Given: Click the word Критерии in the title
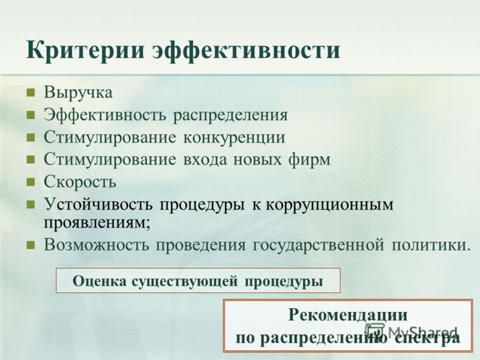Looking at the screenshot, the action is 85,51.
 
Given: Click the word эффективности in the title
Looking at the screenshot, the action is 247,51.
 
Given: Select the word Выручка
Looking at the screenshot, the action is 79,92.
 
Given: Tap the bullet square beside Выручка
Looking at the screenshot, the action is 31,93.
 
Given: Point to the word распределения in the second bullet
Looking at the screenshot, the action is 230,116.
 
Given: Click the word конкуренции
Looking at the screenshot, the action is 234,137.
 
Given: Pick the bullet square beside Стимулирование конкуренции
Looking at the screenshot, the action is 31,137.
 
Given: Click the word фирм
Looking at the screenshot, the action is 309,160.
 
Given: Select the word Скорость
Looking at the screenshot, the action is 80,181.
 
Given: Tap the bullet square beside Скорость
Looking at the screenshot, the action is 31,182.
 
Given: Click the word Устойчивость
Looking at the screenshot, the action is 98,204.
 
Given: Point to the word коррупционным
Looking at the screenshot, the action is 329,205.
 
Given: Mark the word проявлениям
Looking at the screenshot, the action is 97,223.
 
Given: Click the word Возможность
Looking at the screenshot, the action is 96,245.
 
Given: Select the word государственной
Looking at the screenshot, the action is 319,245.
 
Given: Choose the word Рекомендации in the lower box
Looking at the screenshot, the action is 348,315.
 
